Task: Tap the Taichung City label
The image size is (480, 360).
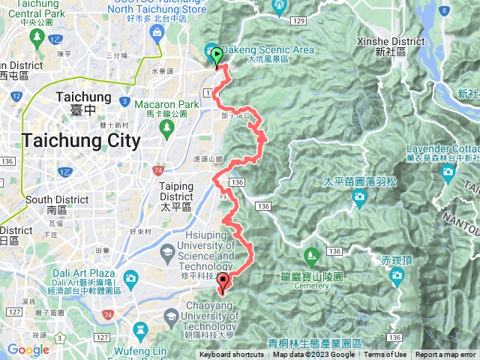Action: coord(81,140)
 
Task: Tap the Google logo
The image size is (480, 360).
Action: coord(28,350)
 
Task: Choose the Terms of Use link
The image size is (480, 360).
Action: coord(385,355)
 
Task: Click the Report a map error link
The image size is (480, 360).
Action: coord(445,355)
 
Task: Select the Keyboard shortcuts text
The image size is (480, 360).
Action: coord(231,355)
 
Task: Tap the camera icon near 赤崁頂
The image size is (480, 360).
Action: coord(397,277)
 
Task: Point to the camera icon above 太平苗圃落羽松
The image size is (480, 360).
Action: coord(359,197)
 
